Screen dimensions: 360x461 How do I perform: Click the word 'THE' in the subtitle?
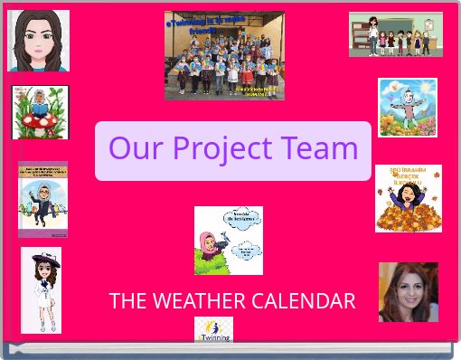pos(126,301)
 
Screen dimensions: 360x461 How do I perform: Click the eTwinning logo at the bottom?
pos(214,329)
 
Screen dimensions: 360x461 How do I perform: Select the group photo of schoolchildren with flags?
pos(224,55)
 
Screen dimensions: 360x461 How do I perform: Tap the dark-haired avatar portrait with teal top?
pos(38,41)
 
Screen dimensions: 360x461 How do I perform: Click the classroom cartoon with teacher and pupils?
pos(396,35)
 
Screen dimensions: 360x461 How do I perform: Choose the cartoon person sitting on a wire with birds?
pos(42,199)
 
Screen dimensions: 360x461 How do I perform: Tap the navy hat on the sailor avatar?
pos(42,260)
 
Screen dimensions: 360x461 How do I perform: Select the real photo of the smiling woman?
pos(409,292)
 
